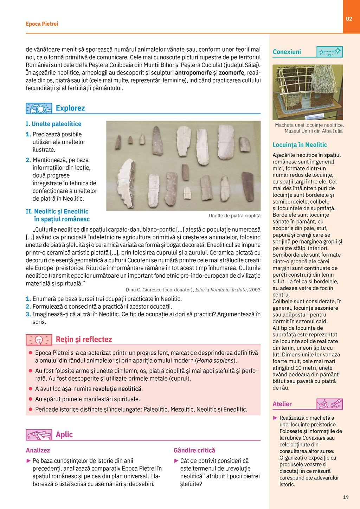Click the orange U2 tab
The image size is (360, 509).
[349, 19]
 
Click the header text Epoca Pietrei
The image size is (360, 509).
[42, 24]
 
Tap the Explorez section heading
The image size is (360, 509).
[70, 108]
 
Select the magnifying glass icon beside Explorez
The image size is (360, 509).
[39, 108]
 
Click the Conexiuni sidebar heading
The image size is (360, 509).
[287, 52]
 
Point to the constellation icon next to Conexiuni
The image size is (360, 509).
[329, 52]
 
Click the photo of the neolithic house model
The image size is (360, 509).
[308, 92]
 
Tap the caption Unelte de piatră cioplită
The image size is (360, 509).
[234, 215]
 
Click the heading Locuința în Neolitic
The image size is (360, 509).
[300, 145]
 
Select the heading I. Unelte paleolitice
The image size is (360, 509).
[53, 124]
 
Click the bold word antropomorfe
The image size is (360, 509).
[193, 73]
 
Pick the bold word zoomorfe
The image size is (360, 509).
[231, 73]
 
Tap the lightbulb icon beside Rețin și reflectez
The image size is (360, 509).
[39, 340]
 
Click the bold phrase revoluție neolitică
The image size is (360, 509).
[117, 389]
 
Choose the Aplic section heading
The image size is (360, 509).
[64, 434]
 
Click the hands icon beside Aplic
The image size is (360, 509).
[39, 435]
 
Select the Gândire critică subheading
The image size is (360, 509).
[194, 450]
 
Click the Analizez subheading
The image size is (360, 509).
[38, 450]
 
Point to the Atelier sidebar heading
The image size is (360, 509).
[282, 404]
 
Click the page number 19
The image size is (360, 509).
[346, 497]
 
